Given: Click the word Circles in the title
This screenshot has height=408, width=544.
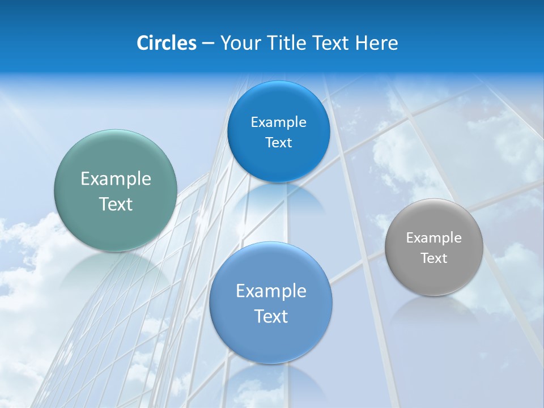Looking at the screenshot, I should [166, 43].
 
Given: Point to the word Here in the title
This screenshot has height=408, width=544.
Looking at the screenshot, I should [376, 43].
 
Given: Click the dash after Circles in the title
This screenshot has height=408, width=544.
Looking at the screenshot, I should [208, 44].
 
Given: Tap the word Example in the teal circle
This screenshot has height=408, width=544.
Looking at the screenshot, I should [116, 179].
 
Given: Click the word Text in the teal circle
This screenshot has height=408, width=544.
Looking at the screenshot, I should [116, 204].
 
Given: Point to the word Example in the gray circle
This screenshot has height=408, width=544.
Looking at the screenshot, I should [433, 238].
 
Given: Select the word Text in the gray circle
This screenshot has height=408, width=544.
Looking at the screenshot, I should [433, 258].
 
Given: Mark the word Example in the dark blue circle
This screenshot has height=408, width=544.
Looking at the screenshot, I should [278, 122].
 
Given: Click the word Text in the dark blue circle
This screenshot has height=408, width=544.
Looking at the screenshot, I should [278, 143].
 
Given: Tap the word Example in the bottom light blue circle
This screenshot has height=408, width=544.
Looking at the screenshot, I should [270, 291].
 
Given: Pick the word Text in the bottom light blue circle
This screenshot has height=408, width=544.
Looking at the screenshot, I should [270, 316].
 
